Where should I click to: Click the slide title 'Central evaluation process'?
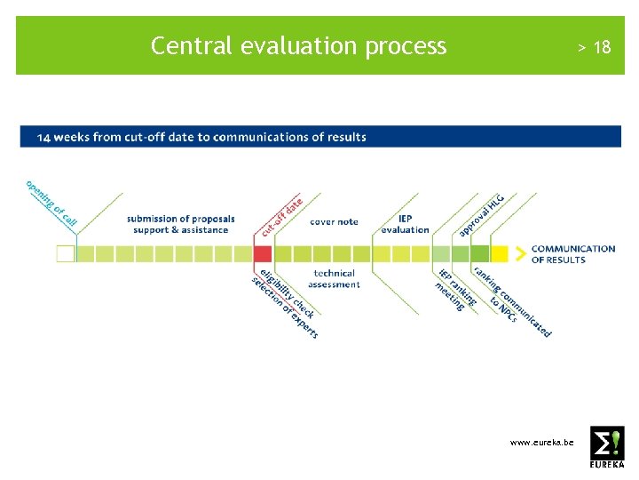pyautogui.click(x=298, y=45)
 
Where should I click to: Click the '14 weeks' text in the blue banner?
pyautogui.click(x=66, y=137)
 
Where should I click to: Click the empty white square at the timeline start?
pyautogui.click(x=66, y=253)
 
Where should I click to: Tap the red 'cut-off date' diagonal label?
pyautogui.click(x=280, y=216)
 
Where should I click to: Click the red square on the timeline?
pyautogui.click(x=263, y=253)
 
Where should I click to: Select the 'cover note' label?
pyautogui.click(x=334, y=221)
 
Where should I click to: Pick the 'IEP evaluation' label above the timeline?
pyautogui.click(x=405, y=224)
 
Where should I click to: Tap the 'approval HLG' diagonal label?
pyautogui.click(x=481, y=216)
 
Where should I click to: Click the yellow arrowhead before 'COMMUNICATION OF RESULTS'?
pyautogui.click(x=500, y=253)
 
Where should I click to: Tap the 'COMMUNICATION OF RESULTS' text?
pyautogui.click(x=572, y=254)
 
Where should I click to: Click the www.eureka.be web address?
pyautogui.click(x=541, y=442)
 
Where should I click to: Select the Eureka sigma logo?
pyautogui.click(x=607, y=446)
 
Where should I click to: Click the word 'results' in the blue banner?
pyautogui.click(x=346, y=137)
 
